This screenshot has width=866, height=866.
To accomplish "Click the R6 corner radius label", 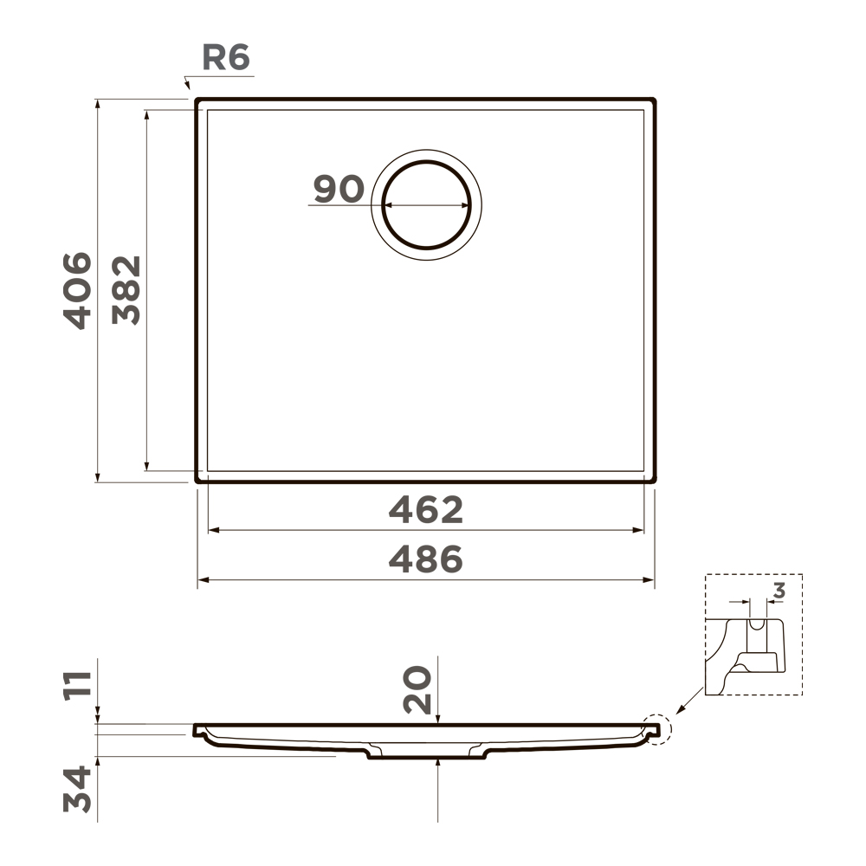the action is tap(226, 57).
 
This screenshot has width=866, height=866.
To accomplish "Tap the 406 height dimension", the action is tap(77, 290).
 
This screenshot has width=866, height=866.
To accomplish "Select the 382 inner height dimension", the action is tap(126, 290).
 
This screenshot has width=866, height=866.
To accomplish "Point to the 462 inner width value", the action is tap(426, 509).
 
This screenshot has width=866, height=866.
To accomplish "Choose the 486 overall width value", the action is tap(426, 559).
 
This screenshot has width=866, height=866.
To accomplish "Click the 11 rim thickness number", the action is tap(77, 686).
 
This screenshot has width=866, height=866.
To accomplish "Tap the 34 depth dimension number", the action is tap(77, 788).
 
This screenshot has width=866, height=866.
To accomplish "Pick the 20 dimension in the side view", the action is tap(417, 690).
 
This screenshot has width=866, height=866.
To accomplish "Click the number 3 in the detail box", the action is tap(779, 591).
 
